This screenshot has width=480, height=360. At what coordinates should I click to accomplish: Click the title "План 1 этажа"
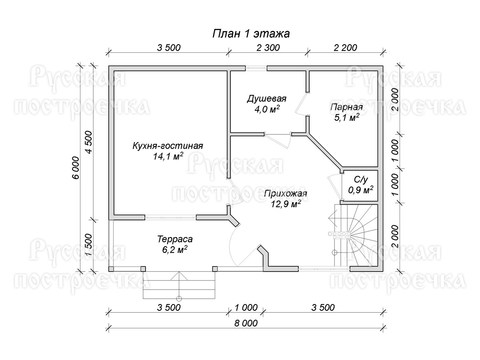click(251, 33)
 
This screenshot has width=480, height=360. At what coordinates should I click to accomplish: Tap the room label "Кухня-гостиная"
click(168, 146)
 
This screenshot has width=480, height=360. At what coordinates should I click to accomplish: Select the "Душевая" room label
click(267, 99)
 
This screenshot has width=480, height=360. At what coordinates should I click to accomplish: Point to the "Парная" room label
click(347, 107)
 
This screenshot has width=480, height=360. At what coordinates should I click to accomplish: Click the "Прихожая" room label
click(286, 193)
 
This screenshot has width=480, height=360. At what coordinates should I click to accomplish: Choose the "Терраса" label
click(175, 239)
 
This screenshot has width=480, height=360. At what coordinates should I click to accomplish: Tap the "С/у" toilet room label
click(361, 180)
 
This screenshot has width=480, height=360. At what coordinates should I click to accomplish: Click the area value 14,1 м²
click(168, 156)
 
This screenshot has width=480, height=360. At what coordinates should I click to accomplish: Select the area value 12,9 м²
click(286, 203)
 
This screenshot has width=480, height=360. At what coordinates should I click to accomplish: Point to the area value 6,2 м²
click(175, 249)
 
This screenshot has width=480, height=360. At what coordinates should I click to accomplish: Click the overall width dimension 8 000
click(246, 323)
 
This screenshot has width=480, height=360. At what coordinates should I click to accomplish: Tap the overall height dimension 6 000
click(76, 168)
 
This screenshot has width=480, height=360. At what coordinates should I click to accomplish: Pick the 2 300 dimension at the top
click(268, 48)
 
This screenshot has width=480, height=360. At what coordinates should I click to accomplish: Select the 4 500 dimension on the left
click(90, 142)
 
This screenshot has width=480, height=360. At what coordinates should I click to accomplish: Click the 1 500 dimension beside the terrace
click(88, 245)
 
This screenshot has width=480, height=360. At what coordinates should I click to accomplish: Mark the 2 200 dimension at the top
click(345, 48)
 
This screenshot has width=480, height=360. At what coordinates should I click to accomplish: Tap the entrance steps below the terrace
click(179, 285)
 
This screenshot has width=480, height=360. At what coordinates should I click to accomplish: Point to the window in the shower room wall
click(256, 68)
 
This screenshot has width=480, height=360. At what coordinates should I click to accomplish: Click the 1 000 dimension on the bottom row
click(246, 307)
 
